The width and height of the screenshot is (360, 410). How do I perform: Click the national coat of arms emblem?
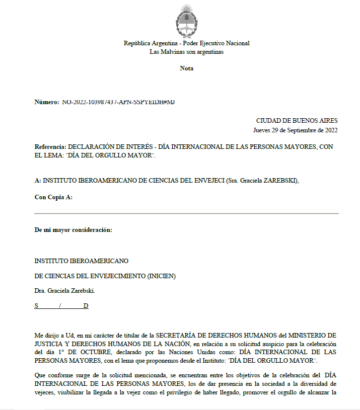point(186,20)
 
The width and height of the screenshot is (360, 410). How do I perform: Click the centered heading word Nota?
point(186,68)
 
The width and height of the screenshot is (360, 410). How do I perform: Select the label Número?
point(47,102)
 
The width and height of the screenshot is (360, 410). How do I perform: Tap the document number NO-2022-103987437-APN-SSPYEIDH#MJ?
point(118,102)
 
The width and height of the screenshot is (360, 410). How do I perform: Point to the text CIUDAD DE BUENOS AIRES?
point(297,121)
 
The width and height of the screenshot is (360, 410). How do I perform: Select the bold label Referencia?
point(50,146)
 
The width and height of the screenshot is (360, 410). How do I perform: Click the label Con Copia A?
point(53,197)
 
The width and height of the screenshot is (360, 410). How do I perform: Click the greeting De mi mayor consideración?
point(73,230)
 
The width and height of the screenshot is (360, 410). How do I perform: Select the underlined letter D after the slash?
point(86,306)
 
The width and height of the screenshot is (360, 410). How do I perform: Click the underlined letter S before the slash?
point(36,306)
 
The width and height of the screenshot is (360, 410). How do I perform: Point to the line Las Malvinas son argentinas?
point(186,52)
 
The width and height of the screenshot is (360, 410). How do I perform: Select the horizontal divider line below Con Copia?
point(186,214)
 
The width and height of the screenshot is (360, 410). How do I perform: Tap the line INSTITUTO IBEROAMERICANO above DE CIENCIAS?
point(82,261)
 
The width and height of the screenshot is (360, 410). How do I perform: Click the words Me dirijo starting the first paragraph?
point(46,335)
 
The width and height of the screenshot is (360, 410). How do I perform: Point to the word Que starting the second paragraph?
point(40,375)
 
